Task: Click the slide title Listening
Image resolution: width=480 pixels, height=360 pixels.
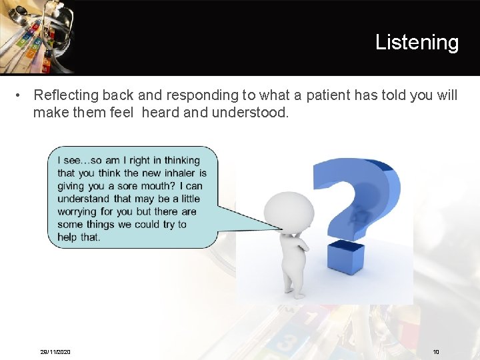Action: [x=417, y=42]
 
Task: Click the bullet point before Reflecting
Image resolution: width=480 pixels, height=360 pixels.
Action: [x=21, y=96]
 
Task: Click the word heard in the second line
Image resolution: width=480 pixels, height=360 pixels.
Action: [x=161, y=113]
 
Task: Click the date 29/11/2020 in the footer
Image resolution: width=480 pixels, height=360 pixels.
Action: [x=55, y=351]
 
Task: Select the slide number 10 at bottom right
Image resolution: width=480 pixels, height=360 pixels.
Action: [x=436, y=351]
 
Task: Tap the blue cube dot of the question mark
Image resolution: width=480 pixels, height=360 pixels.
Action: [x=346, y=257]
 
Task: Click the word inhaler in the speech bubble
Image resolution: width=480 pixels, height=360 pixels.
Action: [x=179, y=173]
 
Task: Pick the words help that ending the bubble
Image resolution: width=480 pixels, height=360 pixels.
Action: [x=79, y=237]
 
